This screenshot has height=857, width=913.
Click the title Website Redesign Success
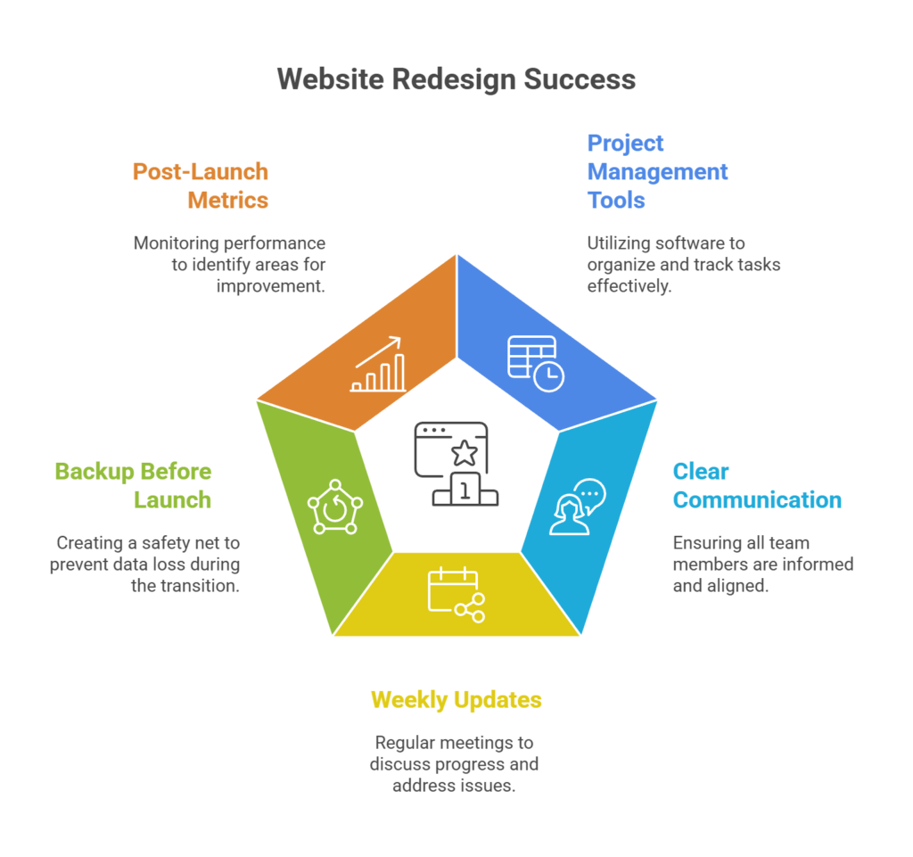pyautogui.click(x=456, y=78)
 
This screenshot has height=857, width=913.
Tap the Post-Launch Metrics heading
pyautogui.click(x=201, y=185)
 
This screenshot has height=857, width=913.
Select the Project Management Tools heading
pyautogui.click(x=657, y=171)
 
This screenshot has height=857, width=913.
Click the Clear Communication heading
pyautogui.click(x=757, y=485)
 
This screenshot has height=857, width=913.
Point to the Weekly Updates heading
pyautogui.click(x=456, y=700)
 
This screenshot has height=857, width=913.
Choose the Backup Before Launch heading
pyautogui.click(x=133, y=485)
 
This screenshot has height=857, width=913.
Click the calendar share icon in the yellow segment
pyautogui.click(x=456, y=593)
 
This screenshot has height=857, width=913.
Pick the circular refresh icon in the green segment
pyautogui.click(x=335, y=507)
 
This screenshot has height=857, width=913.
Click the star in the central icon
pyautogui.click(x=464, y=452)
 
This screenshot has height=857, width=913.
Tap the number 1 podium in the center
pyautogui.click(x=464, y=490)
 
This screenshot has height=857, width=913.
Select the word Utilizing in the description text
pyautogui.click(x=619, y=243)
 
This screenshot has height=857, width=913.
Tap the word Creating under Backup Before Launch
pyautogui.click(x=89, y=543)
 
